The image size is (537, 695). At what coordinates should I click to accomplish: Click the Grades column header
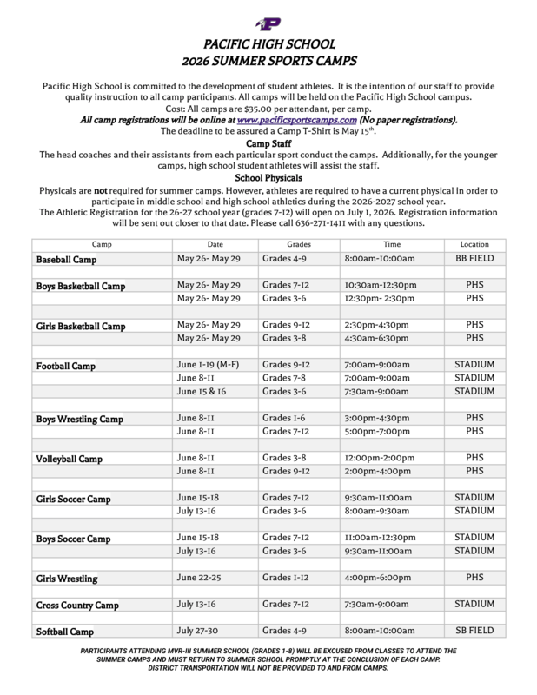click(298, 245)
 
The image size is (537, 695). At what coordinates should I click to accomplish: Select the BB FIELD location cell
click(474, 259)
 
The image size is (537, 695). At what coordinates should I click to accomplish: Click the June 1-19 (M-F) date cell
click(211, 365)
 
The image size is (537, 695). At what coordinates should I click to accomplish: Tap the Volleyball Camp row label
click(69, 458)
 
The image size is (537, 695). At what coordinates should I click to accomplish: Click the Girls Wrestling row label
click(66, 578)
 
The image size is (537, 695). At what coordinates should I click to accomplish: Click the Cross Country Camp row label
click(77, 605)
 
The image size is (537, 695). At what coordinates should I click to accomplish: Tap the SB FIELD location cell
click(474, 630)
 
